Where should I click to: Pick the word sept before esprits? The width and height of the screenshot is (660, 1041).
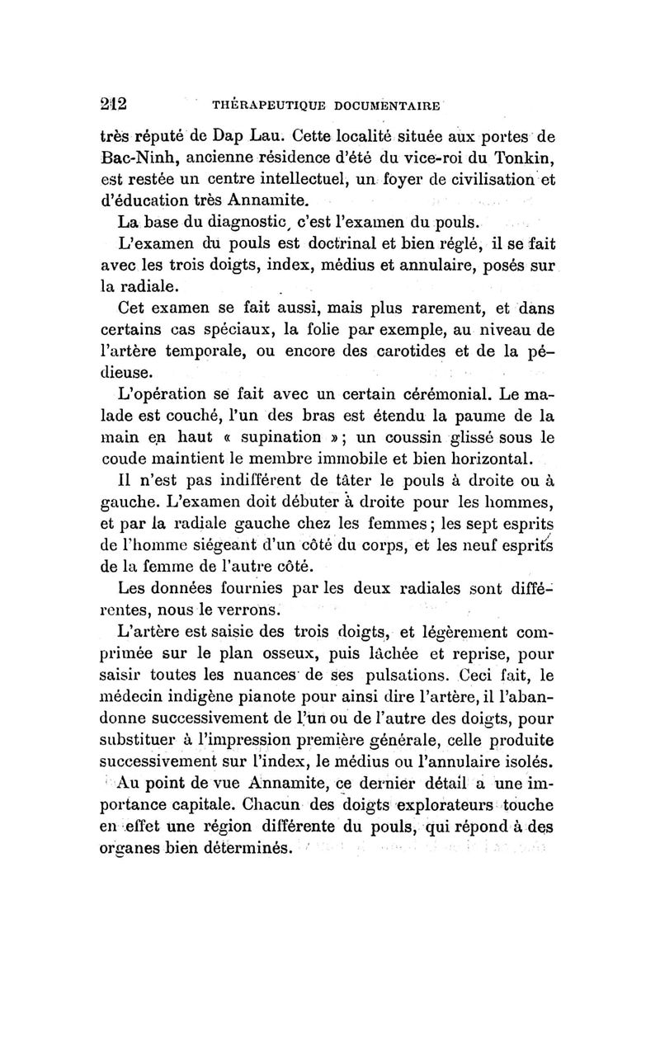(476, 524)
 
